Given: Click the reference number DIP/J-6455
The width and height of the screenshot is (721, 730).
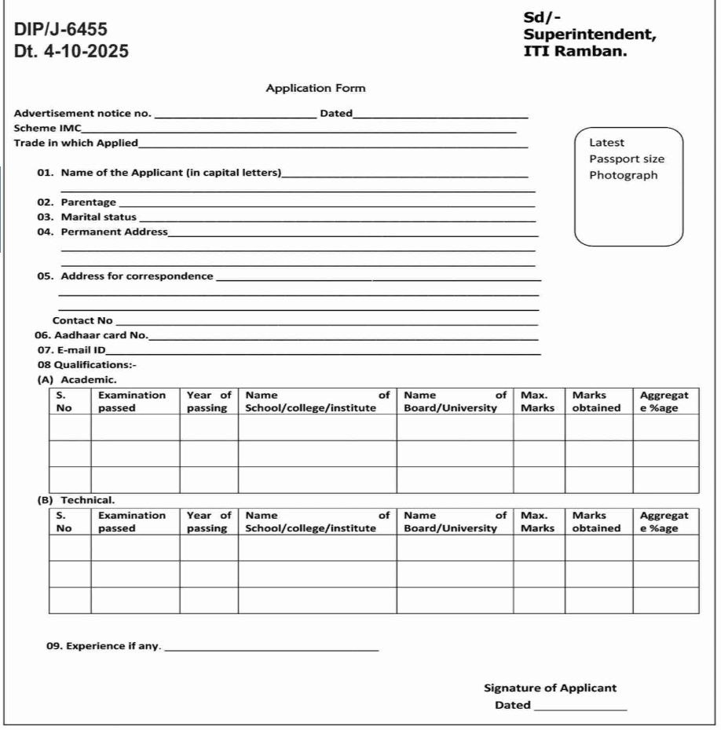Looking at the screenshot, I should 61,31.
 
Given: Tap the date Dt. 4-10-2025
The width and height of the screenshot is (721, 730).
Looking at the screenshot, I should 71,52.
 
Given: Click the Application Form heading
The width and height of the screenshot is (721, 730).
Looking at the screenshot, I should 316,88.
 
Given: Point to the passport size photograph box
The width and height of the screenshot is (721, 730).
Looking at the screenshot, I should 629,186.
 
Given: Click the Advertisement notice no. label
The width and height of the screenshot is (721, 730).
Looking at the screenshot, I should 83,114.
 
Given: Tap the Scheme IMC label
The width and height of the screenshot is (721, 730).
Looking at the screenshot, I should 48,128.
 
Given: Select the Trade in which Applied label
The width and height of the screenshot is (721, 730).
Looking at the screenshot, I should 76,143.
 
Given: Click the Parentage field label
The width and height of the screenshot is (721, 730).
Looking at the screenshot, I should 88,203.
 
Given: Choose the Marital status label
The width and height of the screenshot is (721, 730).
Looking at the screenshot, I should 98,217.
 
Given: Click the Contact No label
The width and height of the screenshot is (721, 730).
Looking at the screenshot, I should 82,320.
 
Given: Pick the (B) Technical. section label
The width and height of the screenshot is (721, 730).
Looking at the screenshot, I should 76,499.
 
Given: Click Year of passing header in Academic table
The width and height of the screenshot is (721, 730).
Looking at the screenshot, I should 209,401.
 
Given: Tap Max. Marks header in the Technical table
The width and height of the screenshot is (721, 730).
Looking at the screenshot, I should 537,522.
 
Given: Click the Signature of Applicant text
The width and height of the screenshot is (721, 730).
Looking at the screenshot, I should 550,688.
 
